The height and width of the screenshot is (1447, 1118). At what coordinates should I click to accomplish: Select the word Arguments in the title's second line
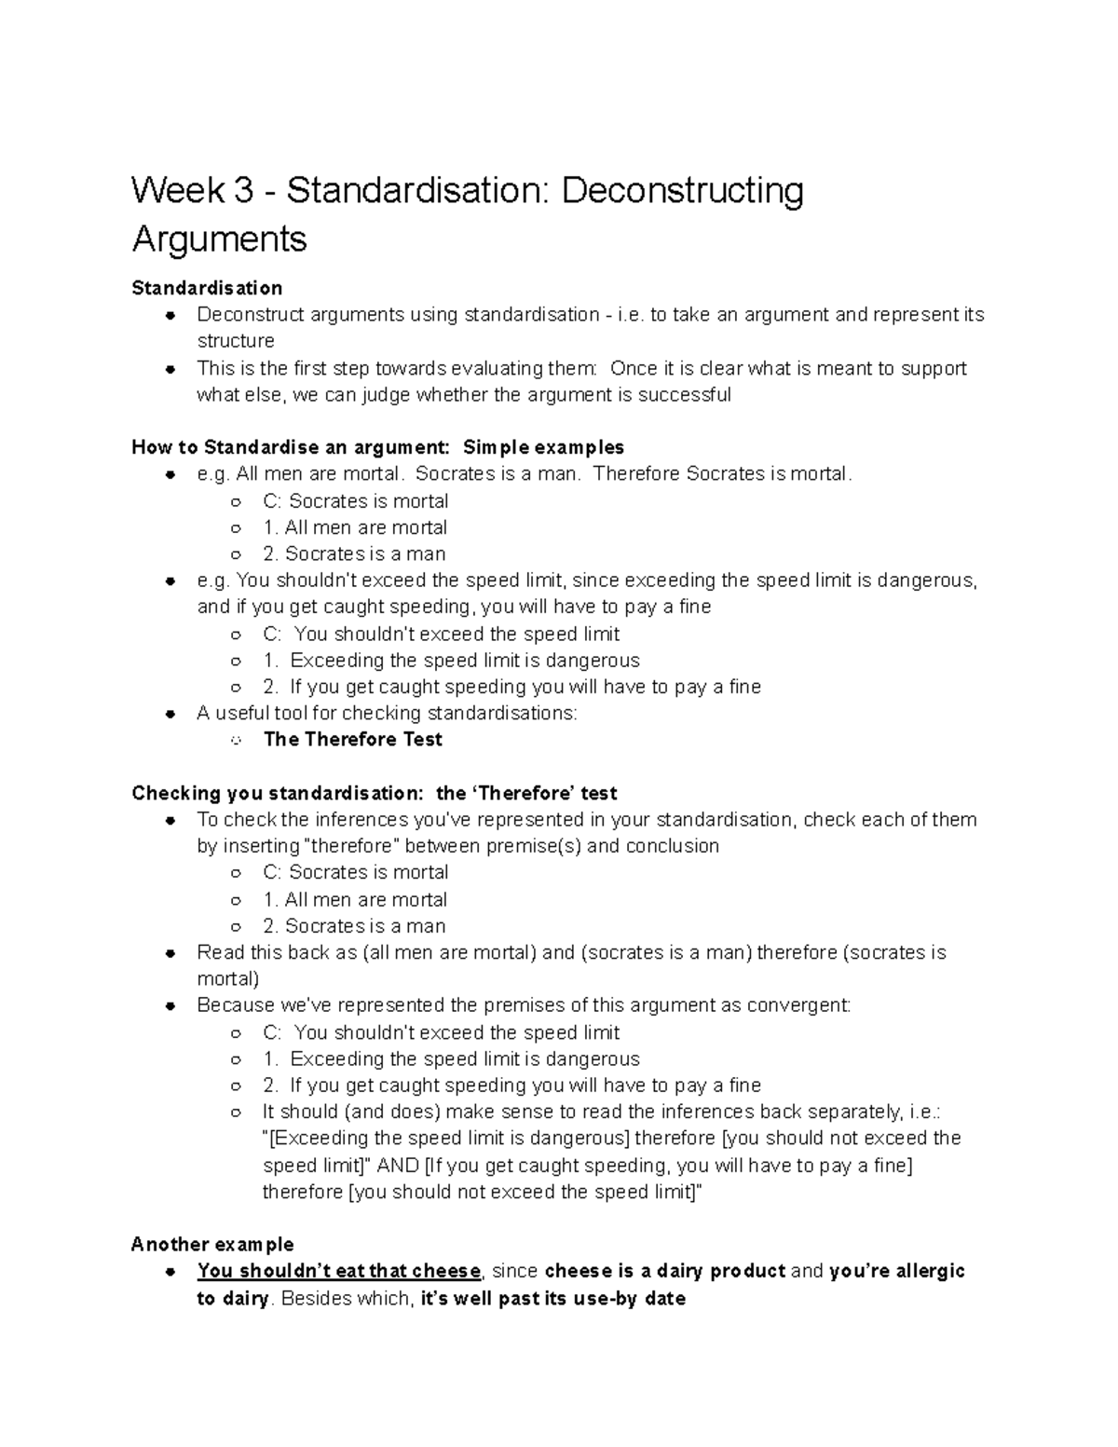(219, 239)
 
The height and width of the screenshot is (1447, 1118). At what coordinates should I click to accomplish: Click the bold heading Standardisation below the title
(207, 288)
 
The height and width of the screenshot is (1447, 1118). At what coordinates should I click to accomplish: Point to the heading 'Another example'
(212, 1245)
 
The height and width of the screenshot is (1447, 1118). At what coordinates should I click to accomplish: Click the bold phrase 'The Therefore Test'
(353, 740)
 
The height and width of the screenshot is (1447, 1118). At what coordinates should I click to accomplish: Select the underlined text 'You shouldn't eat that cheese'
(339, 1272)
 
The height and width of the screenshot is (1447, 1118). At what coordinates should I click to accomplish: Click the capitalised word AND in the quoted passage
(397, 1166)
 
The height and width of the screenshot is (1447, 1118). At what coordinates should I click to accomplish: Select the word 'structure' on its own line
(236, 341)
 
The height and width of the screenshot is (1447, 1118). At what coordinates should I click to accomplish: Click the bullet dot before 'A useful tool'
(170, 714)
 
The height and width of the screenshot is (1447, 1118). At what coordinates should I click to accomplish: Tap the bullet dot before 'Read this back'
(170, 953)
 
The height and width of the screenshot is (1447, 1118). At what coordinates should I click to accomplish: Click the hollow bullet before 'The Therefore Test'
(237, 741)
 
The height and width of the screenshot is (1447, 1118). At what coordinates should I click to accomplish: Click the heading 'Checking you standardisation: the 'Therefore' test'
(375, 794)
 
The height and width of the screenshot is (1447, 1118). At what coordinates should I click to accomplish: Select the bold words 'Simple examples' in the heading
(543, 447)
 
